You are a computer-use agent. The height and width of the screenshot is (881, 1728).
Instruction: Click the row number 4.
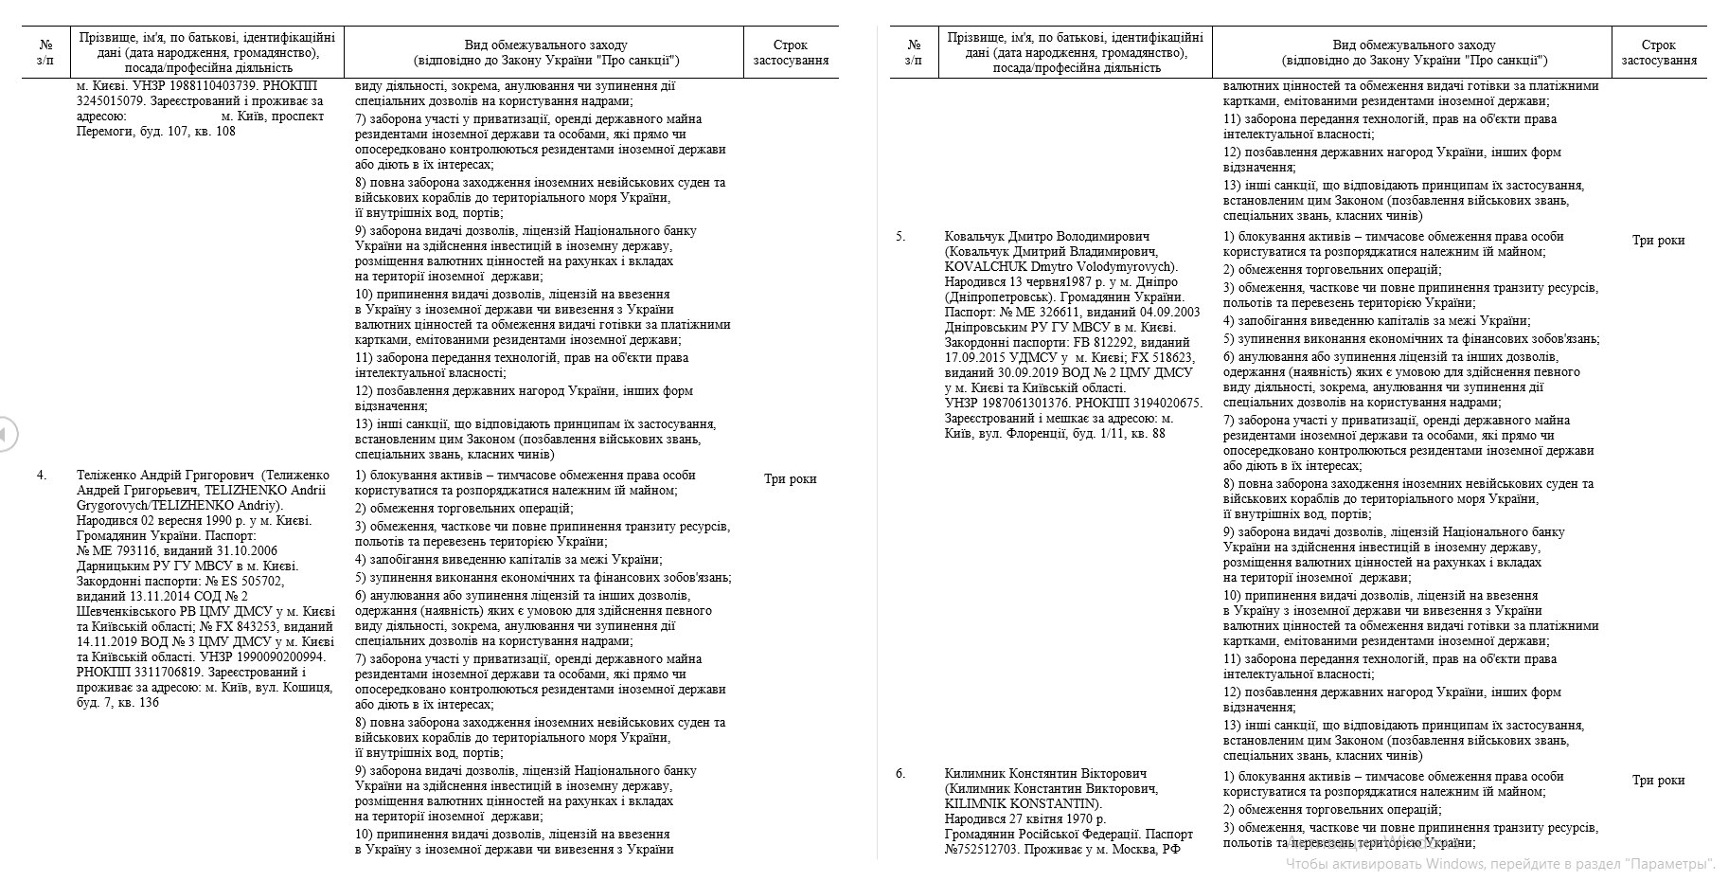click(42, 476)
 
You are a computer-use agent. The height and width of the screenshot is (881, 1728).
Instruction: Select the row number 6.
click(900, 773)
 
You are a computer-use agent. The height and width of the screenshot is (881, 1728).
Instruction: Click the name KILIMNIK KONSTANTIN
click(1023, 803)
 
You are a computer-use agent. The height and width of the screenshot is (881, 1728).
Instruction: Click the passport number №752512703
click(979, 849)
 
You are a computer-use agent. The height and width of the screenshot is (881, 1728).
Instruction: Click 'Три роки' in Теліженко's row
click(790, 479)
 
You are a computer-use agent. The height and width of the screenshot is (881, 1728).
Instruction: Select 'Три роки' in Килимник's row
click(1658, 781)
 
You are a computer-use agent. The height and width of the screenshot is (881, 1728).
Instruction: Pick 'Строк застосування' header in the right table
click(1658, 52)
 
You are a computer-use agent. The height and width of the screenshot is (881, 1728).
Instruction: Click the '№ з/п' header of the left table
click(45, 52)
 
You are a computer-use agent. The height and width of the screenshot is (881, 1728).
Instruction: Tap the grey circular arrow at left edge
click(6, 434)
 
